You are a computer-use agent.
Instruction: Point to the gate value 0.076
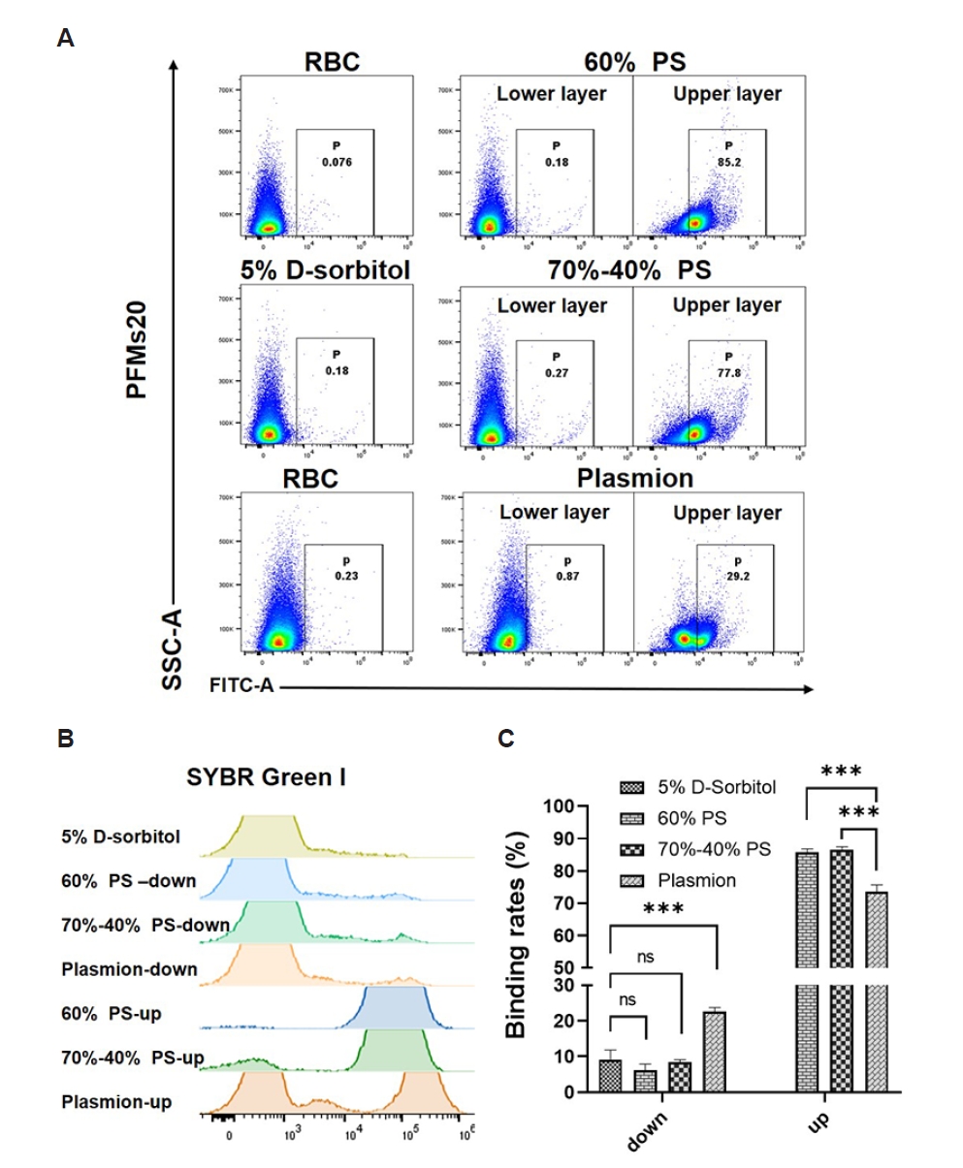[334, 162]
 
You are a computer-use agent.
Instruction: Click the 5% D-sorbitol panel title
[326, 270]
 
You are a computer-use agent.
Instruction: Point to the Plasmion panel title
[635, 479]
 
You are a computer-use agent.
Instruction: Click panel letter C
[506, 739]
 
